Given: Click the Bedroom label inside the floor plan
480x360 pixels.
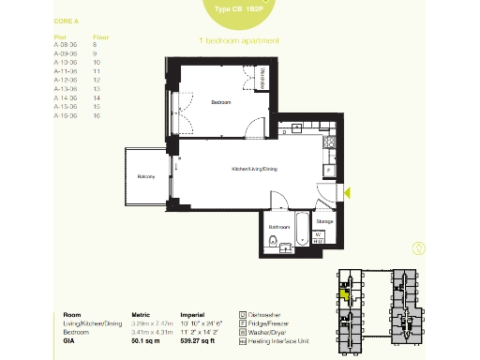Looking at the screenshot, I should [x=220, y=100].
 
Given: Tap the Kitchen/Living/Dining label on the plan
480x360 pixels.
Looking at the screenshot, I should [x=255, y=169].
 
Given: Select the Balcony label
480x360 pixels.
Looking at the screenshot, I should [x=145, y=176].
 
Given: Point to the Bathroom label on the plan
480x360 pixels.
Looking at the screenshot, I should [x=278, y=226].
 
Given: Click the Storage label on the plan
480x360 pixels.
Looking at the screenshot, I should [x=323, y=221].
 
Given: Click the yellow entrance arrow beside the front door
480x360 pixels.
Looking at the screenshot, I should [x=347, y=192].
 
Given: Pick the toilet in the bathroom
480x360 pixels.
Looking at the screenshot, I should [x=273, y=243].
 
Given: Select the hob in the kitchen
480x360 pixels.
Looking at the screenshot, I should [x=329, y=142].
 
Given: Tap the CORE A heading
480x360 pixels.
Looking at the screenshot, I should [x=65, y=19].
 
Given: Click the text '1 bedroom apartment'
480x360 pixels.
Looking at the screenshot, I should [x=239, y=41].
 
